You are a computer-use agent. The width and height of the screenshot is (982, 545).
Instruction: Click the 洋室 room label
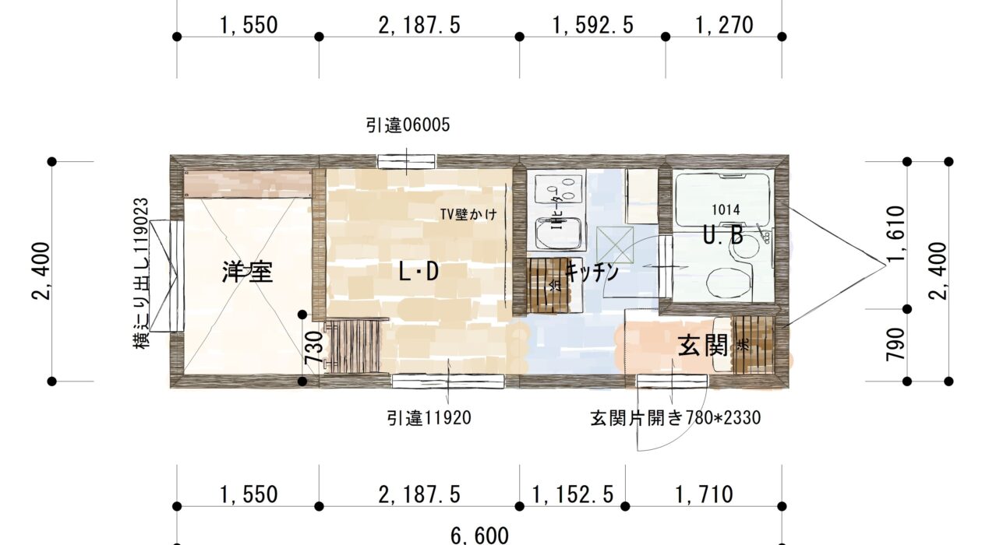(x=247, y=272)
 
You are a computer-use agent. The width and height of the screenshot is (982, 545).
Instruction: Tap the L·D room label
(x=419, y=272)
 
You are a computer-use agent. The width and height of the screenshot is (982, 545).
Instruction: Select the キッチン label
(x=592, y=272)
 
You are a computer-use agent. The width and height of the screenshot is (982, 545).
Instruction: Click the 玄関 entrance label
(x=702, y=345)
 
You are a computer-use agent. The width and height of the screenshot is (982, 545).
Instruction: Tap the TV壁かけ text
(x=468, y=214)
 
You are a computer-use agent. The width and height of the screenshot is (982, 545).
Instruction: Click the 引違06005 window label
(x=408, y=125)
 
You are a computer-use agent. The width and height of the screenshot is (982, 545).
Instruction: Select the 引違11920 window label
(x=429, y=418)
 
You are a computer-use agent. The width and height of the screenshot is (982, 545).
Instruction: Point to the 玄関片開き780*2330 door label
(x=675, y=418)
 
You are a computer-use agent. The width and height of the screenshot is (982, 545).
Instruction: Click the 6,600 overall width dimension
(x=479, y=535)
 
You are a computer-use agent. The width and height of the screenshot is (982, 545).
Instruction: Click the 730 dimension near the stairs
(x=313, y=349)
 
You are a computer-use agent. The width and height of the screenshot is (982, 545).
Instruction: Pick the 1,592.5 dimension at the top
(x=592, y=26)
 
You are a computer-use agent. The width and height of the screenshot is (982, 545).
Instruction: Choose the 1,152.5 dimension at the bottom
(x=573, y=494)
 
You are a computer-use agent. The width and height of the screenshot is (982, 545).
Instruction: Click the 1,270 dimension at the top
(x=725, y=26)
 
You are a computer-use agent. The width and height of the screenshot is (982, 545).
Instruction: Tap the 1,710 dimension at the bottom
(x=704, y=494)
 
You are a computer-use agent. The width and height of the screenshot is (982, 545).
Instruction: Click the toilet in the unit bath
(x=729, y=279)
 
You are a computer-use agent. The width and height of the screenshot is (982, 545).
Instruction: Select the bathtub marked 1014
(x=725, y=199)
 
